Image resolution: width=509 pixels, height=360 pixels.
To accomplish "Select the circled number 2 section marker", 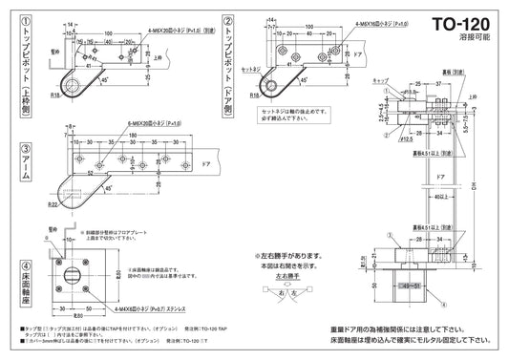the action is point(227,19).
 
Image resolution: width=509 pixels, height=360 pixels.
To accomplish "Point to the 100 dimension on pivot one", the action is point(107,33).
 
